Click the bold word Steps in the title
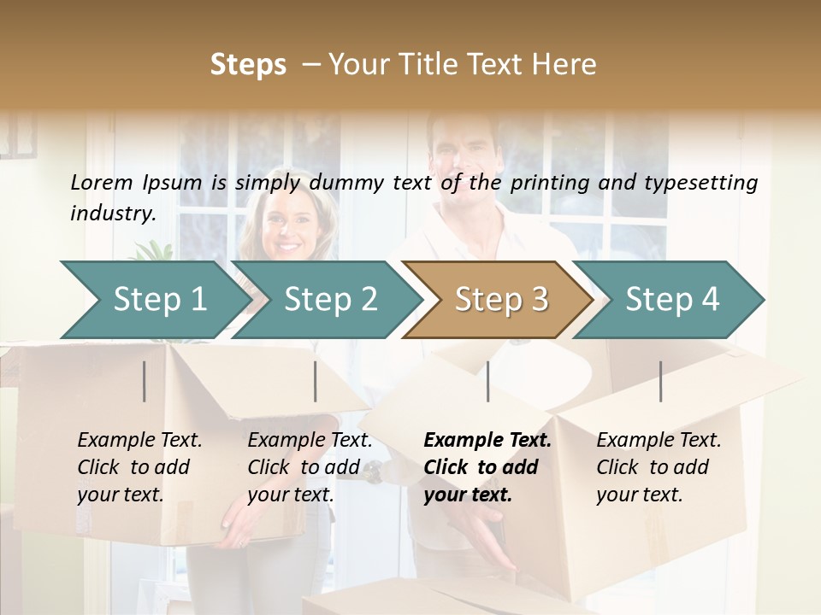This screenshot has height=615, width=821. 248,65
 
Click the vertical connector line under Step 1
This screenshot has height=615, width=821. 145,381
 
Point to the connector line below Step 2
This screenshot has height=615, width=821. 316,381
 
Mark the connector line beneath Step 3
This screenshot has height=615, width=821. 487,381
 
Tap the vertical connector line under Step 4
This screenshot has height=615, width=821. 660,381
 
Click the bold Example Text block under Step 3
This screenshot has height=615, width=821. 487,467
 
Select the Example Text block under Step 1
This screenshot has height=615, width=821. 139,467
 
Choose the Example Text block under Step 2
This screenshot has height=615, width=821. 310,467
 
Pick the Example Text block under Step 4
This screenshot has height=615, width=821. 659,467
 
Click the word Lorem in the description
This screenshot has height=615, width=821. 102,182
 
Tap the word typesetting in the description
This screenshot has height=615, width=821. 707,182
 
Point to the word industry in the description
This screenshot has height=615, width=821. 113,213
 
